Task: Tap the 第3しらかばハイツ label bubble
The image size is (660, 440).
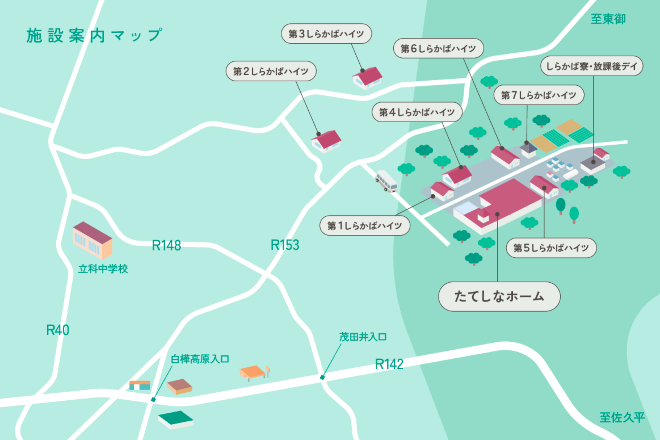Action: coord(326,34)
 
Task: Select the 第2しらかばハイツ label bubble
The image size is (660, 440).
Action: coord(271,71)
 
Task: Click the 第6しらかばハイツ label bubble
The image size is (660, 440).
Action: coord(438,49)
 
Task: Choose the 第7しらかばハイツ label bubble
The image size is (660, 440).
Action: coord(539,95)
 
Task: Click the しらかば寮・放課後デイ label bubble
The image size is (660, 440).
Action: coord(592,66)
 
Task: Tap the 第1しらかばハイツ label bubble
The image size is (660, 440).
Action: coord(365,226)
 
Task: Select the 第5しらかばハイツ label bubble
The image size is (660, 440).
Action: coord(551,248)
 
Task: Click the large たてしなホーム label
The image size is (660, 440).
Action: coord(499,296)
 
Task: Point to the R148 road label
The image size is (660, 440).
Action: coord(166,246)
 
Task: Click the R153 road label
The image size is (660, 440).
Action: coord(285,245)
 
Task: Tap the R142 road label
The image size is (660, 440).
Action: coord(389,364)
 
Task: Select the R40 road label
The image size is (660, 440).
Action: coord(58,330)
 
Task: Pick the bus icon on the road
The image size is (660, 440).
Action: coord(386,181)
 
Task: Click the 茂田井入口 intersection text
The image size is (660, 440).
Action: coord(363,337)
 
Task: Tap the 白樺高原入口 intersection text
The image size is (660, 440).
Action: coord(200,359)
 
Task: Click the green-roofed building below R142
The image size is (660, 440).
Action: coord(176,420)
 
